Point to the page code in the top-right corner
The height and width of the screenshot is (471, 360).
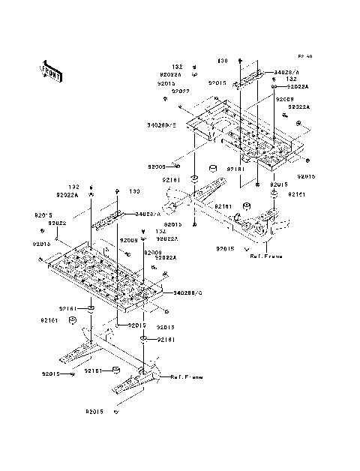click(x=304, y=56)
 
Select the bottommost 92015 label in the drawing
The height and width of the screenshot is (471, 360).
click(x=94, y=412)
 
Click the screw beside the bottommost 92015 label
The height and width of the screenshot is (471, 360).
click(x=116, y=412)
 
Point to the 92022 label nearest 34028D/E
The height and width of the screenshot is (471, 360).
click(x=180, y=91)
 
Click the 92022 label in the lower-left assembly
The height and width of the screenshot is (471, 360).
click(x=58, y=223)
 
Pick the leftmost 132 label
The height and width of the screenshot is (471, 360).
click(x=74, y=187)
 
